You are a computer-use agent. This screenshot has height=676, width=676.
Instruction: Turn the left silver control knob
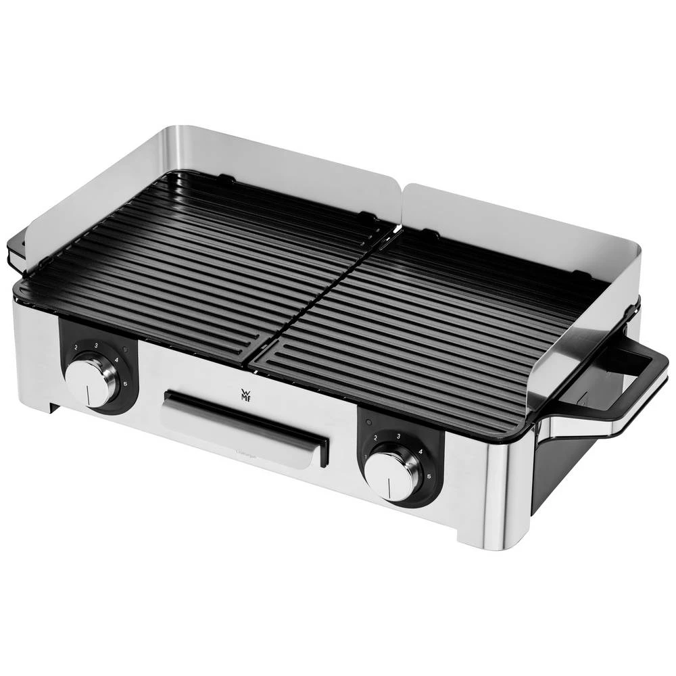pyautogui.click(x=93, y=382)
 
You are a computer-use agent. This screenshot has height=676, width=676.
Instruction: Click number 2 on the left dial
pyautogui.click(x=76, y=347)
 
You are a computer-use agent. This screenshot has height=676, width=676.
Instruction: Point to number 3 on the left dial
pyautogui.click(x=97, y=345)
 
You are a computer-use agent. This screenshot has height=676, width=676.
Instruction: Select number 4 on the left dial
pyautogui.click(x=117, y=360)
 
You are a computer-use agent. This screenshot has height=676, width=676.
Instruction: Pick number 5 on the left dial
pyautogui.click(x=124, y=383)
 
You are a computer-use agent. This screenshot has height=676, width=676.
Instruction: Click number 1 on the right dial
pyautogui.click(x=366, y=458)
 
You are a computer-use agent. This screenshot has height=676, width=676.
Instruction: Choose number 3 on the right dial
pyautogui.click(x=399, y=436)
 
